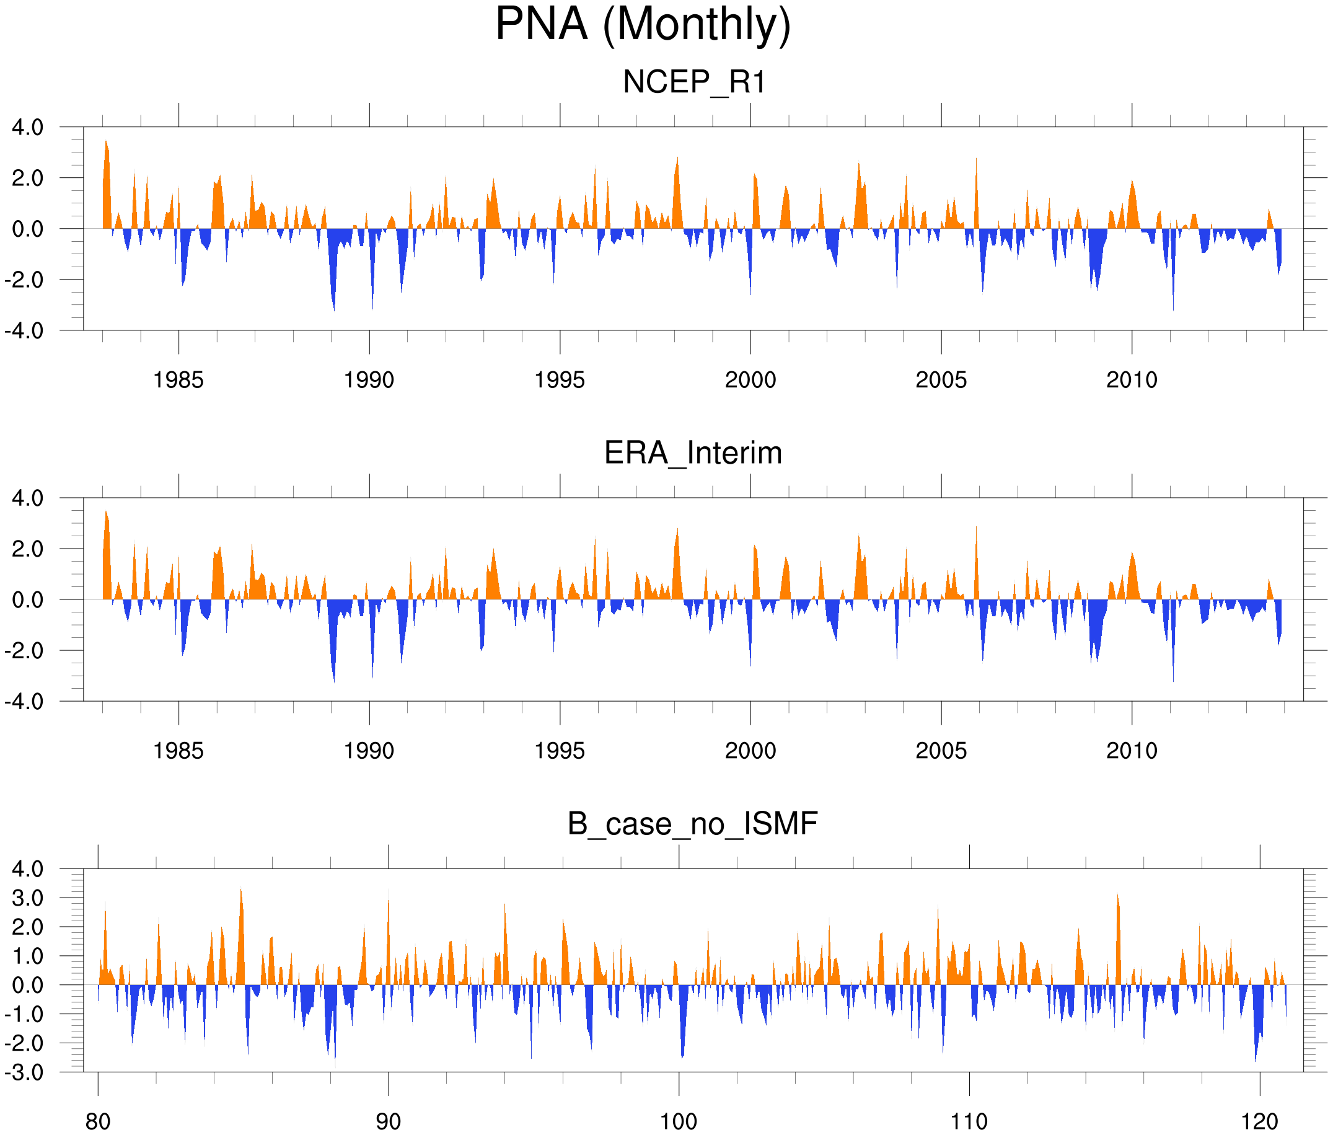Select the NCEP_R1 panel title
point(694,82)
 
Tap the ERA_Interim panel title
point(693,453)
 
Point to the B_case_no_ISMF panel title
point(692,824)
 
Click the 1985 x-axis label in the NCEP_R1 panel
point(178,380)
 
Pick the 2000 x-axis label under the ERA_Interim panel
point(750,751)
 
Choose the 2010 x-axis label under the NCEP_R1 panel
point(1132,380)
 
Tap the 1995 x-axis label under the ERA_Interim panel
point(560,751)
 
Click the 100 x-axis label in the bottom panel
point(679,1122)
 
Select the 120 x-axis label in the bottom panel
point(1259,1122)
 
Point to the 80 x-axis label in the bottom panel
point(98,1122)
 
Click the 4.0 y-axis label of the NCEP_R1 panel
point(28,128)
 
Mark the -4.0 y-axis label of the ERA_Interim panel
point(24,701)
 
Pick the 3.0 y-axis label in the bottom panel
point(28,898)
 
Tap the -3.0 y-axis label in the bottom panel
point(24,1072)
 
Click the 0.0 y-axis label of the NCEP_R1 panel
point(28,229)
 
